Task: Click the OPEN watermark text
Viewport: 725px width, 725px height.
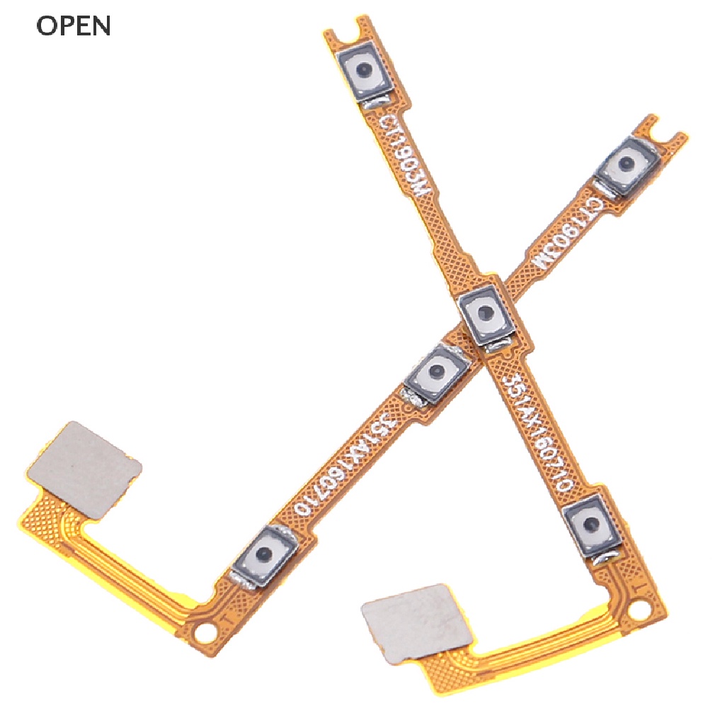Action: coord(74,25)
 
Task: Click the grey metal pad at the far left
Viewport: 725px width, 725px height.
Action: coord(84,469)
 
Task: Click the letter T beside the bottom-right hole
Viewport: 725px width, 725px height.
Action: coord(636,588)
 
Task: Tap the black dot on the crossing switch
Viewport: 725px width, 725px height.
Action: coord(486,312)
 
